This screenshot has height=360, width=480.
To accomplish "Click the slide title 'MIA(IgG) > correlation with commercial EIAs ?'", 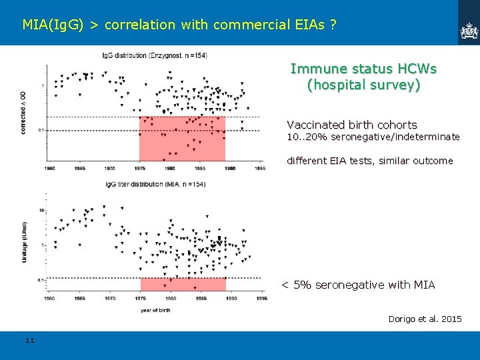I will pyautogui.click(x=179, y=25).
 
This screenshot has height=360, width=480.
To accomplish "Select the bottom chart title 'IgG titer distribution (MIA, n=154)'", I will pyautogui.click(x=155, y=184).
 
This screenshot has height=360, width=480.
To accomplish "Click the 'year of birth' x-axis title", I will pyautogui.click(x=155, y=310).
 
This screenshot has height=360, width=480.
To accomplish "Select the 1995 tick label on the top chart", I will pyautogui.click(x=259, y=169).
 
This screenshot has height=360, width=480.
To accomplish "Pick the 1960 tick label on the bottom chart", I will pyautogui.click(x=50, y=299).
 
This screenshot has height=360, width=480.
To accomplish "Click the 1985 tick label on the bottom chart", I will pyautogui.click(x=200, y=299).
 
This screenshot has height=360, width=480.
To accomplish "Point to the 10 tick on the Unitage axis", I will pyautogui.click(x=41, y=210).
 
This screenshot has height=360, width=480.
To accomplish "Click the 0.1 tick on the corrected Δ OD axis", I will pyautogui.click(x=41, y=130).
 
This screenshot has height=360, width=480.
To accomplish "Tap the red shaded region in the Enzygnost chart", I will pyautogui.click(x=181, y=139).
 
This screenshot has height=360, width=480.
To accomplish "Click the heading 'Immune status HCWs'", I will pyautogui.click(x=363, y=69).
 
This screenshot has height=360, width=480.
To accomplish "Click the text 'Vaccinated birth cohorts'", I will pyautogui.click(x=351, y=125).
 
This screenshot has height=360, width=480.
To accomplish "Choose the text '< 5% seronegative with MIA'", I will pyautogui.click(x=357, y=285).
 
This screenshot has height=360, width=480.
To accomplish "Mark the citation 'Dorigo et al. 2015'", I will pyautogui.click(x=425, y=319).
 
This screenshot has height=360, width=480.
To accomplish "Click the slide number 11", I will pyautogui.click(x=29, y=341).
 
